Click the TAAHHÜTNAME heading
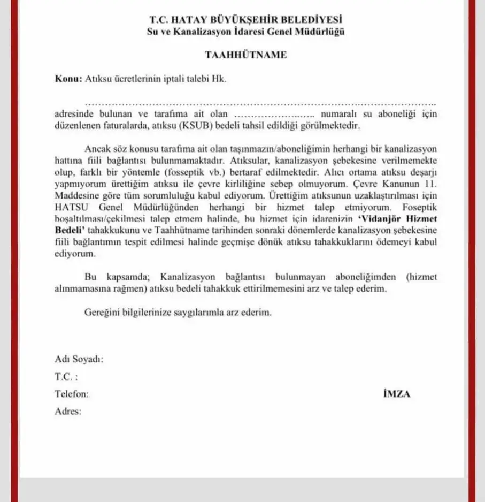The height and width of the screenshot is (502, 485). [x=246, y=55]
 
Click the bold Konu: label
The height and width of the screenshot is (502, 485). [x=69, y=79]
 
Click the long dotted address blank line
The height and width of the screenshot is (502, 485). [x=260, y=103]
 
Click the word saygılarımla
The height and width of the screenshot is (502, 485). [x=203, y=312]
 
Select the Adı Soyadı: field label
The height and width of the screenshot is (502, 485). [x=79, y=360]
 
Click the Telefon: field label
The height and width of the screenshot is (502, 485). [x=72, y=394]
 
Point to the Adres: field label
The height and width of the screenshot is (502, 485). [x=68, y=412]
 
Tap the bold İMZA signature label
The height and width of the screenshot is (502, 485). [x=397, y=394]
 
